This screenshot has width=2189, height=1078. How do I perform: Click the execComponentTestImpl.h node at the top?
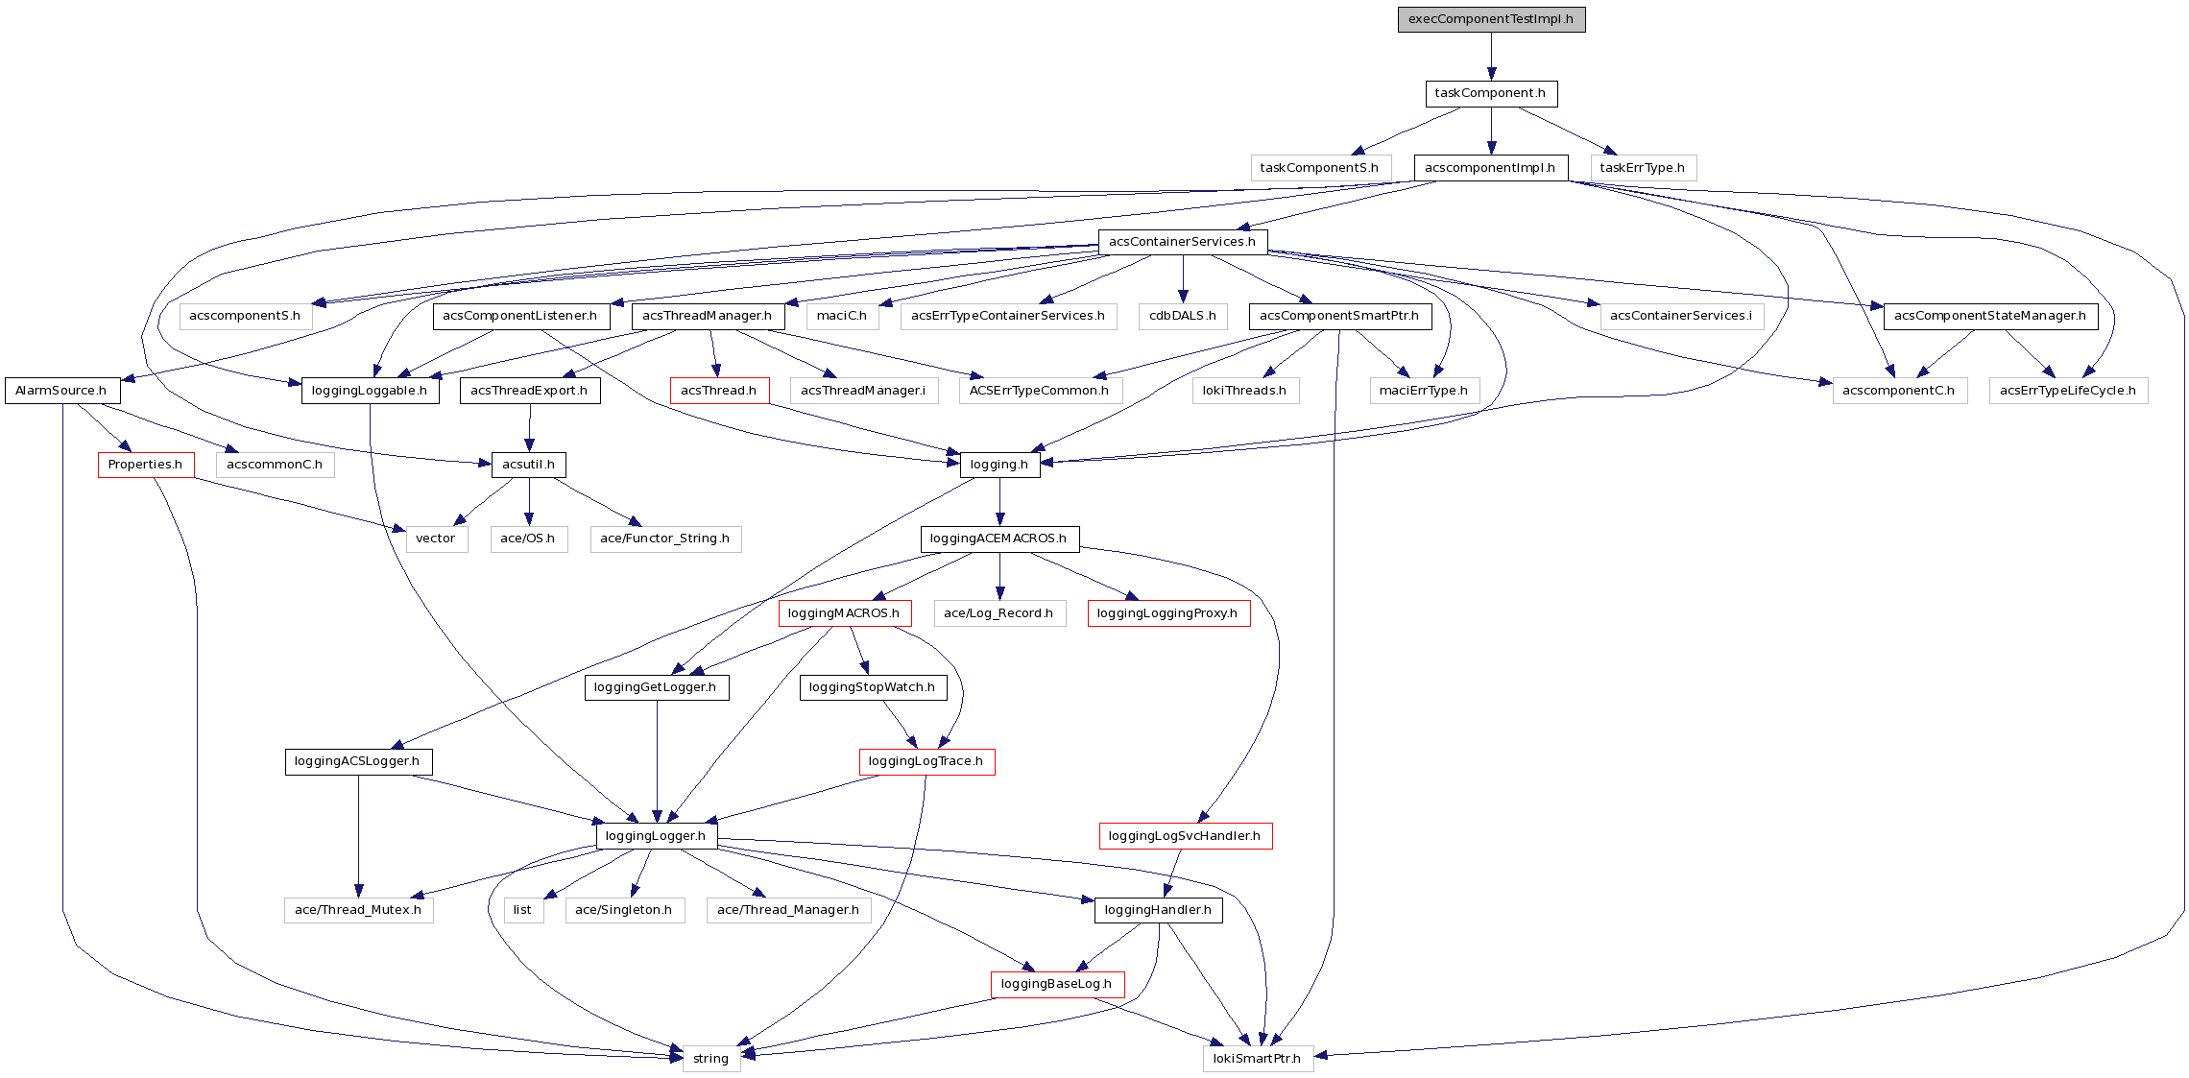(1491, 19)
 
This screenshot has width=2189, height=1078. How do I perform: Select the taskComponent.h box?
(1491, 93)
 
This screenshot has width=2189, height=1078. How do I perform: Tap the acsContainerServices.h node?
(1183, 242)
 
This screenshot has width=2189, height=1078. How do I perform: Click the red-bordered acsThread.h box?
(719, 391)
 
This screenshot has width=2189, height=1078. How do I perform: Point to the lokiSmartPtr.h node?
(1258, 1059)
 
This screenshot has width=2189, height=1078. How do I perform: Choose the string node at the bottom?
(711, 1059)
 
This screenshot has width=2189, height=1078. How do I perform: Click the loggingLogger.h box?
(657, 836)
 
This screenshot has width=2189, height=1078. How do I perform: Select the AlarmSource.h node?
(61, 391)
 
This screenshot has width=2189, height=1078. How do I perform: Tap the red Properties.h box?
(146, 465)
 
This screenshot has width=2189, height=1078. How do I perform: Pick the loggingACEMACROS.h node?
(999, 539)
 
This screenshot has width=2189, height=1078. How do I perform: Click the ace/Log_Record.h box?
(999, 613)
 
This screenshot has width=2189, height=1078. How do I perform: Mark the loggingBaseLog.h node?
(1057, 984)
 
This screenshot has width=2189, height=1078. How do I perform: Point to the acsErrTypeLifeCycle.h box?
(2068, 391)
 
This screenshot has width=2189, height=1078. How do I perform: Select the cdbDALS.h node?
(1183, 316)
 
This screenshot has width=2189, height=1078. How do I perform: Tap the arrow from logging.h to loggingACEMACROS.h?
(999, 501)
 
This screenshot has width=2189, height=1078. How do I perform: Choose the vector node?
(436, 539)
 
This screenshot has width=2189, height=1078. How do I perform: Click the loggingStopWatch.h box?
(873, 687)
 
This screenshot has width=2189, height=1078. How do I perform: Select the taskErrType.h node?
(1643, 168)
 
